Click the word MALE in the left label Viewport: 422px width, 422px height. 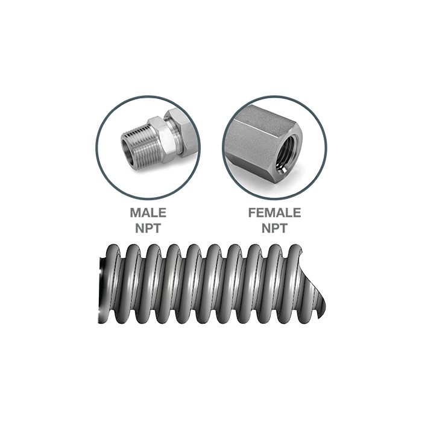pyautogui.click(x=148, y=213)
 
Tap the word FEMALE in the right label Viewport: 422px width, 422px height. pyautogui.click(x=274, y=213)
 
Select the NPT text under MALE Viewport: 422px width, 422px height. pyautogui.click(x=148, y=228)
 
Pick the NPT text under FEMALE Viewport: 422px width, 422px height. pyautogui.click(x=274, y=228)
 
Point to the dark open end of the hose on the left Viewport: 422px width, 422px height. pyautogui.click(x=101, y=283)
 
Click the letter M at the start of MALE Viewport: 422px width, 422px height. pyautogui.click(x=135, y=213)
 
